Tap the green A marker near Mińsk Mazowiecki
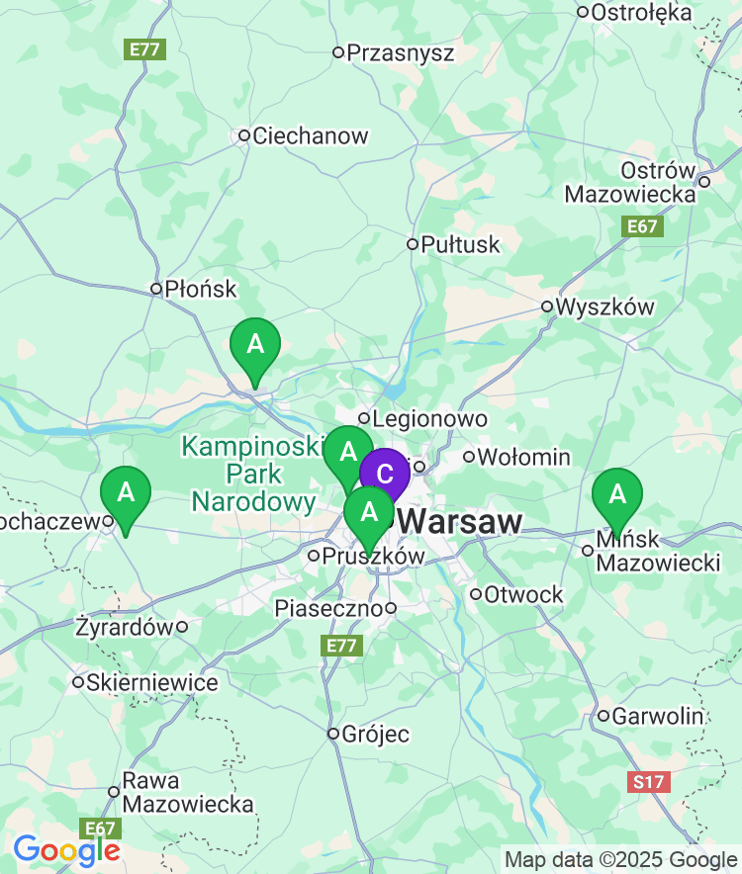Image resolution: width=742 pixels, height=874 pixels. (x=617, y=492)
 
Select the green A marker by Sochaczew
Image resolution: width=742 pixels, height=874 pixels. (x=126, y=491)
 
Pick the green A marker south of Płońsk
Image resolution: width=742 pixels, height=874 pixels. (x=255, y=344)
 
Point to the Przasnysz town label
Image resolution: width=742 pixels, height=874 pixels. (x=400, y=52)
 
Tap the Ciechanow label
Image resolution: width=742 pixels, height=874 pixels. (x=310, y=135)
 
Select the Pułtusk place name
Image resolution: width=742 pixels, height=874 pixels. (x=460, y=244)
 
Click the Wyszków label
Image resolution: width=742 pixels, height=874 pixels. (x=604, y=306)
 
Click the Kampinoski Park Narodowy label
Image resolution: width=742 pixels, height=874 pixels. (x=253, y=474)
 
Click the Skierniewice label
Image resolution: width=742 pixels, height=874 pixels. (x=151, y=682)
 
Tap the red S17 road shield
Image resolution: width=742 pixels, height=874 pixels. (x=648, y=782)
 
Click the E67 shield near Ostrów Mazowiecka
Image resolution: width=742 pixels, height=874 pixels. (x=642, y=226)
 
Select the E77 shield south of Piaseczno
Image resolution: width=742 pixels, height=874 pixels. (x=342, y=646)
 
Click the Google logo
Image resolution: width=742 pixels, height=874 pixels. (x=65, y=849)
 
